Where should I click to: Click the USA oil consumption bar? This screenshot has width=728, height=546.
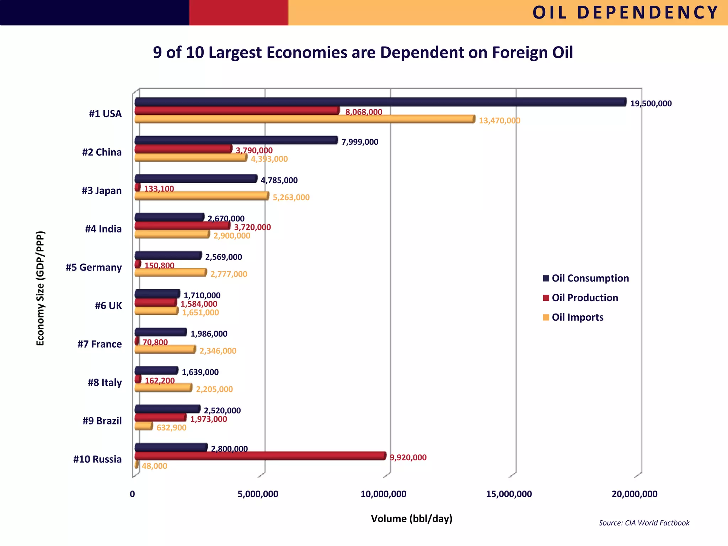tap(380, 102)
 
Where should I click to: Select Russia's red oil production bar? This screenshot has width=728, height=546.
tap(260, 456)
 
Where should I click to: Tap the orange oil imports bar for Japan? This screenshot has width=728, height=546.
tap(202, 196)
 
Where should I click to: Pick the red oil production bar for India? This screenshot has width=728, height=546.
tap(182, 226)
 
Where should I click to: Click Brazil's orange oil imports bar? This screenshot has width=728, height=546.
tap(144, 426)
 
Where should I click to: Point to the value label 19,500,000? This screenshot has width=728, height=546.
tap(651, 104)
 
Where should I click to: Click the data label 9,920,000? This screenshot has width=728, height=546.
tap(408, 457)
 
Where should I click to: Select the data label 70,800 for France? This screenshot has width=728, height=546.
tap(155, 342)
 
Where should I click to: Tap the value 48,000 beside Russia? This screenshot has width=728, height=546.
tap(154, 466)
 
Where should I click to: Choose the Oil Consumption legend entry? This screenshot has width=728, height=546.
tap(590, 278)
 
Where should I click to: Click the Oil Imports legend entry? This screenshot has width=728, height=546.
tap(577, 317)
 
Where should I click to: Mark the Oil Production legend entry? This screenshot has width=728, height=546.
tap(584, 298)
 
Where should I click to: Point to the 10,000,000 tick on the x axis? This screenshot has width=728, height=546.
tap(383, 494)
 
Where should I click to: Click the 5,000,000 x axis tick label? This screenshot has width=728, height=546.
tap(258, 494)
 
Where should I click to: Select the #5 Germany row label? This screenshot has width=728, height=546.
tap(94, 267)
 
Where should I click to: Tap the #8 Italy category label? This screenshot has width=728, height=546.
tap(105, 382)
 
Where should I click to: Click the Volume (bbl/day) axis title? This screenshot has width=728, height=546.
tap(412, 519)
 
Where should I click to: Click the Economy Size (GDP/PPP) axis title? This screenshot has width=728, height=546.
tap(41, 288)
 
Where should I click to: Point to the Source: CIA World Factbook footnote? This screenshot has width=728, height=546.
tap(644, 523)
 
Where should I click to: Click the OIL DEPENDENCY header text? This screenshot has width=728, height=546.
tap(625, 13)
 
